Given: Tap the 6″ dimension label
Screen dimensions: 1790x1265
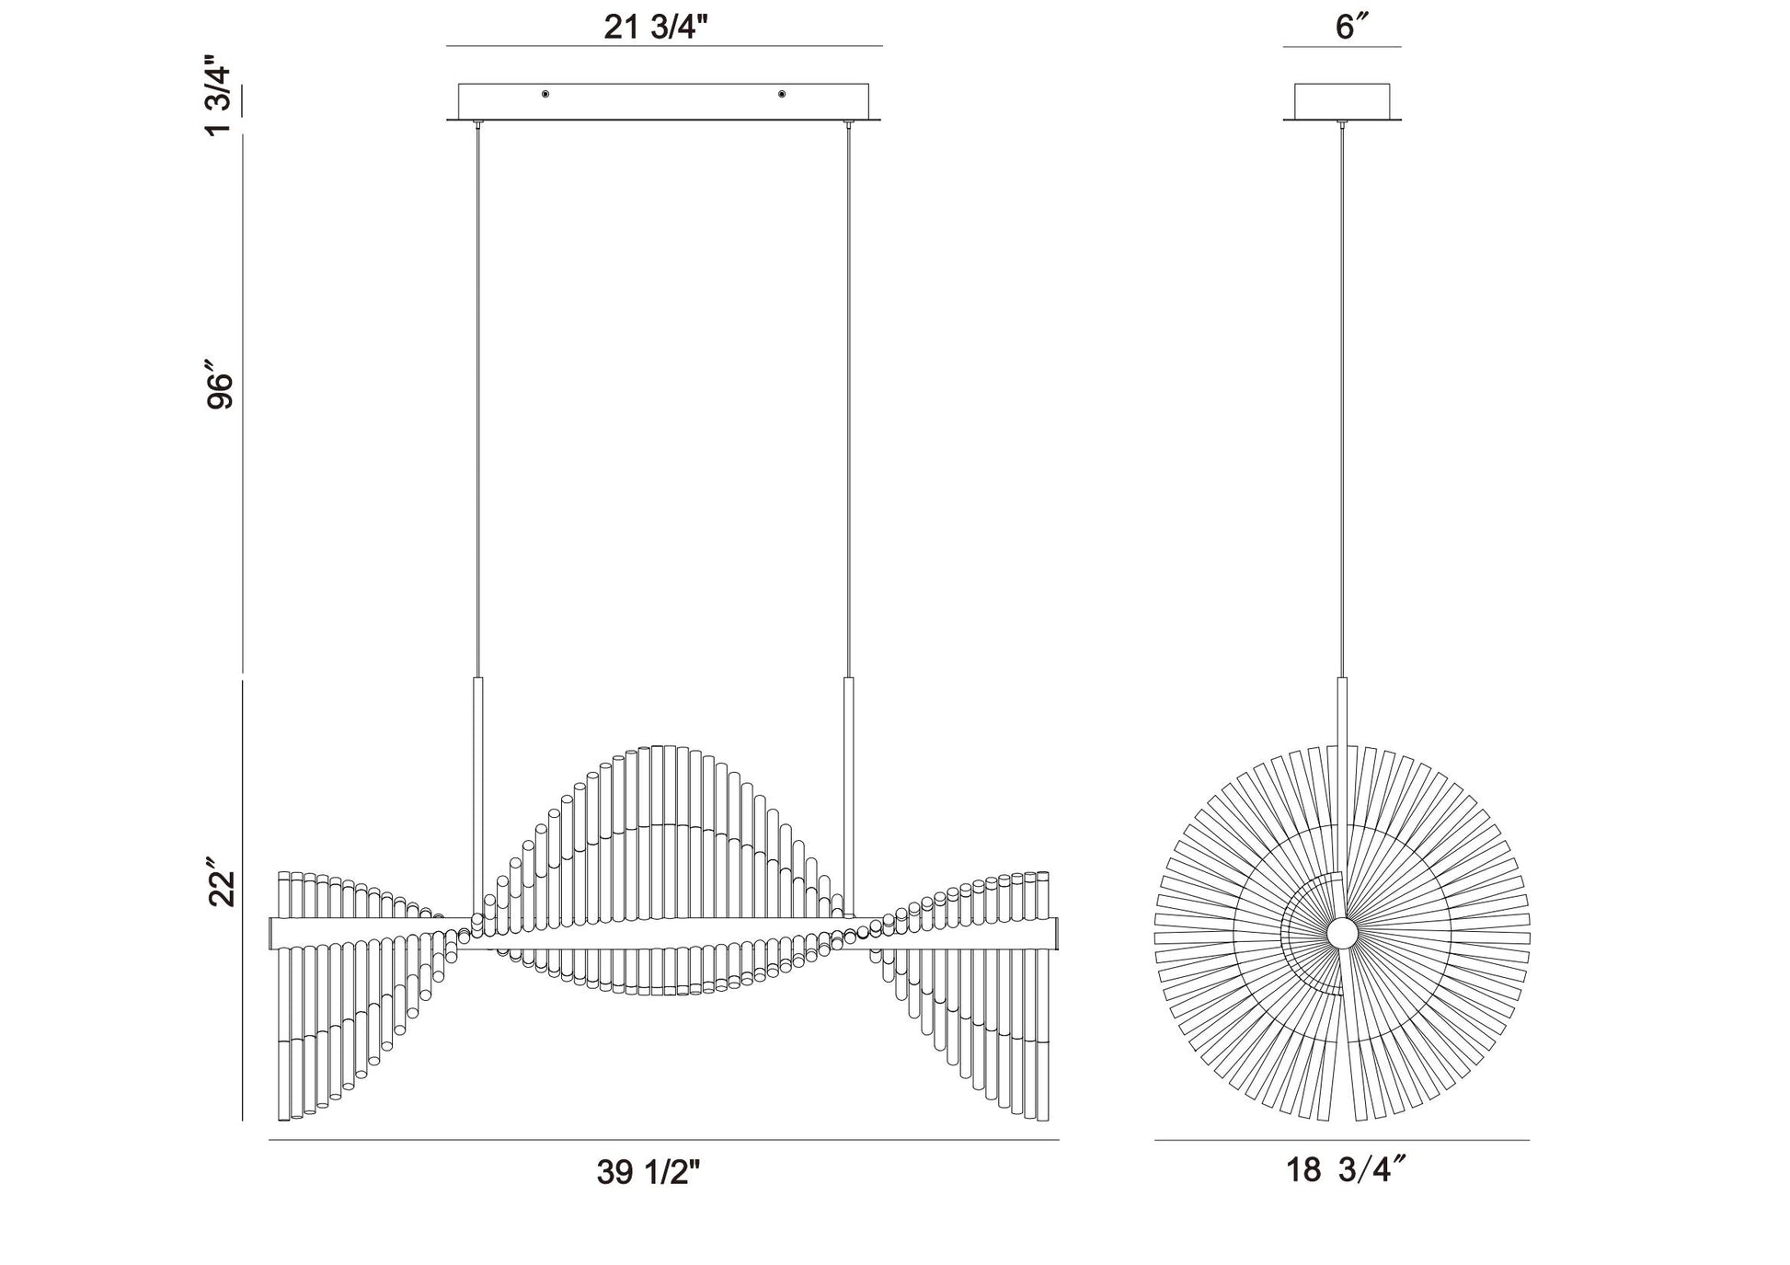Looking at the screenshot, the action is [1346, 27].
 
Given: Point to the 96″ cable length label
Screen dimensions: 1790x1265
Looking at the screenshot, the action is [221, 390].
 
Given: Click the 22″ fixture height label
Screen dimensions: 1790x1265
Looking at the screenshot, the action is [221, 884].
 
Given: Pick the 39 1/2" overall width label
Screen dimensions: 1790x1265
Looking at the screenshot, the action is [648, 1171].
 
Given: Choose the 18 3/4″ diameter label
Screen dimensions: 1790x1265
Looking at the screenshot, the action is [1346, 1170].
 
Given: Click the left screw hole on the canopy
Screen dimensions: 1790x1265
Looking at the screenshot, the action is [545, 94].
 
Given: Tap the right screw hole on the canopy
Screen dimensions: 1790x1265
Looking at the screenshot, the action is [782, 94].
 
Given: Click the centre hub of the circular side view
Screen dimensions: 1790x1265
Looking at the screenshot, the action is [1342, 933].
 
